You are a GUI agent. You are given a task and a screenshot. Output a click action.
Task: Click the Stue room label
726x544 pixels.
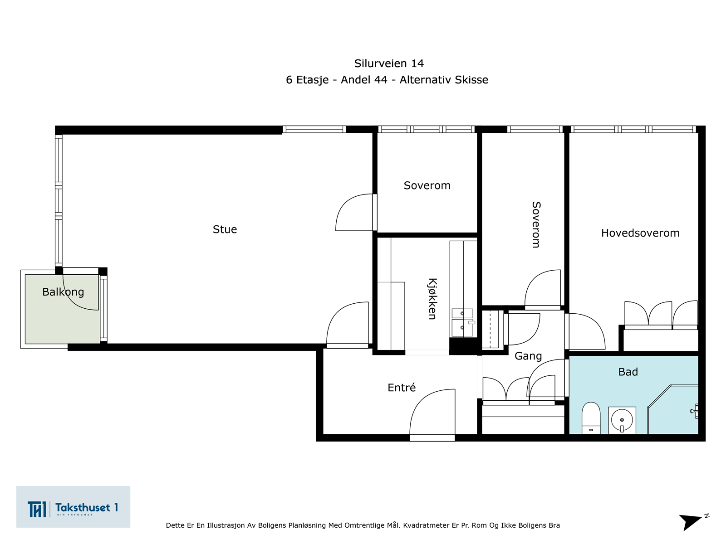click(x=225, y=229)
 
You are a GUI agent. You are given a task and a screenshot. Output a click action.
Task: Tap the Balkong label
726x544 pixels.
click(x=63, y=292)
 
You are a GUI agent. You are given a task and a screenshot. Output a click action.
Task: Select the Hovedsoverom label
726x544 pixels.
click(x=640, y=233)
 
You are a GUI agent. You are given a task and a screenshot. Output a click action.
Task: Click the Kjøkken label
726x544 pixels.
click(x=432, y=299)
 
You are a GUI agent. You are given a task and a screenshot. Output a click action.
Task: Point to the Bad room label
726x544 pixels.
click(x=628, y=372)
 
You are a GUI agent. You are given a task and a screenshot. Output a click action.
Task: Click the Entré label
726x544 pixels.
click(x=402, y=388)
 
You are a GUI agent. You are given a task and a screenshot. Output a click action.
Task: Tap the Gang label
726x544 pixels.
click(x=528, y=356)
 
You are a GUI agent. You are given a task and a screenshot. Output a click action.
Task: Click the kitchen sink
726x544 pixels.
click(x=462, y=323)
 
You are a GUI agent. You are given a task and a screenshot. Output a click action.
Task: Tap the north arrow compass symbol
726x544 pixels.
click(x=692, y=521)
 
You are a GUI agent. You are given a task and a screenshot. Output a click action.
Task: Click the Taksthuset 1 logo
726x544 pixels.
click(x=73, y=507)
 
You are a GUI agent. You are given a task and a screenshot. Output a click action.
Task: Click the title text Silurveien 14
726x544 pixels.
click(x=389, y=63)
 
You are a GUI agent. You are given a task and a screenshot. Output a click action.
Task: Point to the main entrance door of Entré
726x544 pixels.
click(x=432, y=415)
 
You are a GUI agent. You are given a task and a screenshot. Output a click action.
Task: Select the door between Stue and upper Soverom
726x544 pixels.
click(x=355, y=213)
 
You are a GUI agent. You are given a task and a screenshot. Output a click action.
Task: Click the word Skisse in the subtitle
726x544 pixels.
click(x=471, y=80)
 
